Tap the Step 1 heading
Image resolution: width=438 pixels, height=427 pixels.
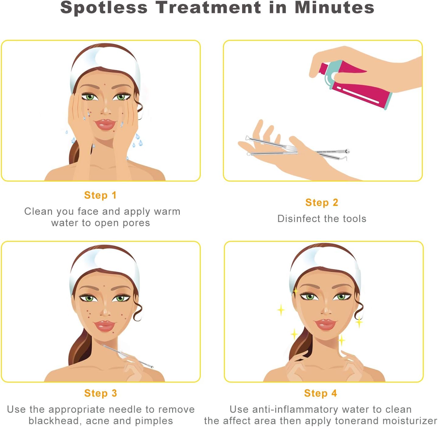pyautogui.click(x=100, y=195)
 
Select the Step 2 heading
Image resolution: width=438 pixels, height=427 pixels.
pyautogui.click(x=322, y=202)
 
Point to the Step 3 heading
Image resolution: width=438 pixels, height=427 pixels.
pyautogui.click(x=101, y=393)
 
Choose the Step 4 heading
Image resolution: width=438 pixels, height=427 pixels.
pyautogui.click(x=321, y=393)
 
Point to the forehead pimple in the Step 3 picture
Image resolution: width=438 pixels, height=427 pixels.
pyautogui.click(x=104, y=286)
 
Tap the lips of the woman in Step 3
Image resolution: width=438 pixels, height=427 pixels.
pyautogui.click(x=104, y=326)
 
